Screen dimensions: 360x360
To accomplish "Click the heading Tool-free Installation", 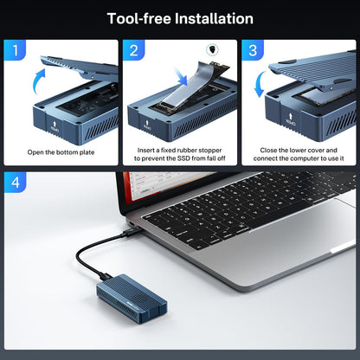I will (x=180, y=18).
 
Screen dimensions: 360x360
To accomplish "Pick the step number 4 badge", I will (x=16, y=183).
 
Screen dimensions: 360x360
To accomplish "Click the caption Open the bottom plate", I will (x=61, y=153).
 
